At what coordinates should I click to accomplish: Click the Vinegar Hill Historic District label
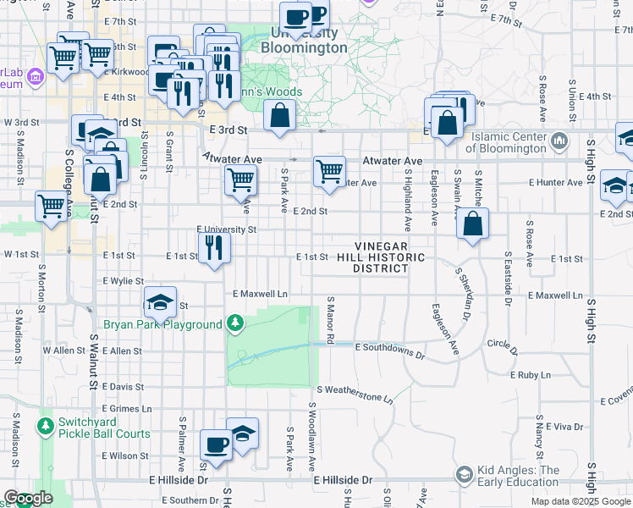tap(381, 257)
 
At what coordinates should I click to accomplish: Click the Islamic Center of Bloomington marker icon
tap(559, 141)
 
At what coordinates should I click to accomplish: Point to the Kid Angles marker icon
tap(464, 475)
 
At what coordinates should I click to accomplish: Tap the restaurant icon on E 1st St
tap(213, 247)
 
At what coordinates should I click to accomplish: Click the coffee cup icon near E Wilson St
tap(216, 444)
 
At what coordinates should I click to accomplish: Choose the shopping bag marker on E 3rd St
tap(279, 114)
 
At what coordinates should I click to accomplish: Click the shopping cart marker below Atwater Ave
tap(329, 171)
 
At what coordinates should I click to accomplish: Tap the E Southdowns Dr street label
tap(390, 347)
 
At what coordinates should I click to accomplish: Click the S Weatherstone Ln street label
tap(355, 392)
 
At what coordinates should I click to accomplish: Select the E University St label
tap(226, 229)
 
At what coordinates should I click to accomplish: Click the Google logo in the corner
tap(28, 499)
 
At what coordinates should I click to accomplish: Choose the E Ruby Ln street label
tap(531, 374)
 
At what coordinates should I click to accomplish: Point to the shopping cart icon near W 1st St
tap(52, 206)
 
